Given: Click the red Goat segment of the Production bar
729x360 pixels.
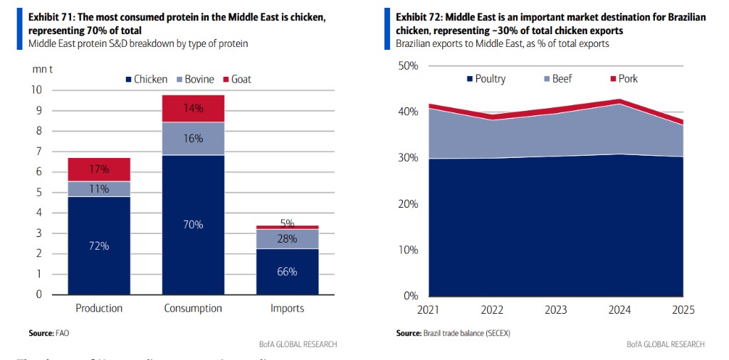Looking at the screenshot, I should point(99,169).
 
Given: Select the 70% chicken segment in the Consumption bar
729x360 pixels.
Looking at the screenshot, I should point(193,224).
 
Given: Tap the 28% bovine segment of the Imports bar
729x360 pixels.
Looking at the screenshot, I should point(287,239).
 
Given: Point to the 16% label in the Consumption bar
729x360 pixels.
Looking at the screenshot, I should point(193,139).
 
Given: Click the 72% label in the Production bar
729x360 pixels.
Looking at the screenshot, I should point(99,245).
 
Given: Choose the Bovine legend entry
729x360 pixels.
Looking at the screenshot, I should point(194,79).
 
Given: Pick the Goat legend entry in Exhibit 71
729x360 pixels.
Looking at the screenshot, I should point(236,79).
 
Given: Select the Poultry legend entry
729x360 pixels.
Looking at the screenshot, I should point(486,78).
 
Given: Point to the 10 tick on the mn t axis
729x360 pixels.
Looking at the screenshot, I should point(36,90).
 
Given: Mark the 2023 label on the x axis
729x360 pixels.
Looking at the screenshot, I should point(556,310).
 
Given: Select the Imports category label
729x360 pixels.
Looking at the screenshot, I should point(287,308).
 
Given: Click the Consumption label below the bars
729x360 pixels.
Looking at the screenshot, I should point(193,308).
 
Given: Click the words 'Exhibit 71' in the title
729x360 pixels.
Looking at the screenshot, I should point(51,16).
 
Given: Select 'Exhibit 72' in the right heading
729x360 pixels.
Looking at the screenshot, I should point(418,16).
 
